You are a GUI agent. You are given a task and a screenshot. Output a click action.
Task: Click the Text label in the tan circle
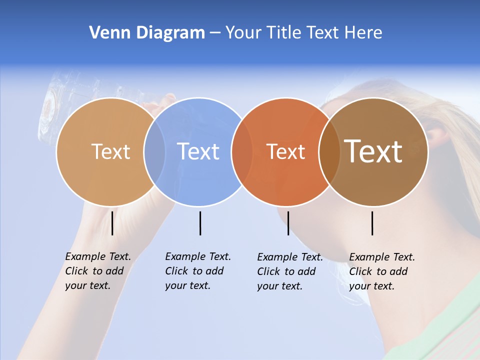pos(110,151)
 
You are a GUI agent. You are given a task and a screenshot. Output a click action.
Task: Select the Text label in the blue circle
pos(198,151)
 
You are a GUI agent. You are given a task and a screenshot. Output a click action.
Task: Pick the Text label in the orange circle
pos(285,151)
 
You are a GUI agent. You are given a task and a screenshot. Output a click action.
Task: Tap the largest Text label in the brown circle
pos(373,151)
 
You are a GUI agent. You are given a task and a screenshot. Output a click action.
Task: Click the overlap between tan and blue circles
pos(154,151)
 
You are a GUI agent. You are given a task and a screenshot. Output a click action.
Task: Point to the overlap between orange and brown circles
pos(329,151)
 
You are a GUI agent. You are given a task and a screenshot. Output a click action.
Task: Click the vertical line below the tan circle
pos(112,223)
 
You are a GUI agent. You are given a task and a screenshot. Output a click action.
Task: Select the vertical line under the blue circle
pos(200,223)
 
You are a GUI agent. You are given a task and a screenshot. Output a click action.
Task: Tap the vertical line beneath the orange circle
pos(288,223)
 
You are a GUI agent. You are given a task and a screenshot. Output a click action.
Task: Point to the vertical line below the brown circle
pos(372,223)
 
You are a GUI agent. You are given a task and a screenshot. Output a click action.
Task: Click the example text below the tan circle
pos(98,271)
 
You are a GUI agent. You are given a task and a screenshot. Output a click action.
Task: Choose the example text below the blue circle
pos(198,271)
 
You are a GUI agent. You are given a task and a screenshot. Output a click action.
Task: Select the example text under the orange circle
pos(290,271)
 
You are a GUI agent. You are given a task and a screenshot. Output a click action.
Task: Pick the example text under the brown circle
pos(382,271)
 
